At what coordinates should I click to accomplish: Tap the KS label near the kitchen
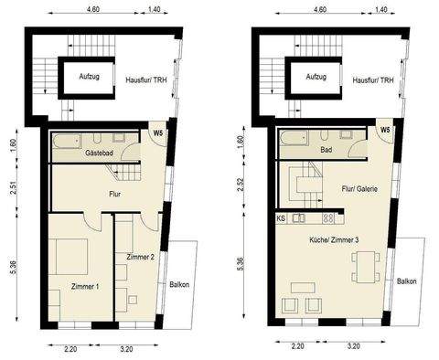tap(281, 219)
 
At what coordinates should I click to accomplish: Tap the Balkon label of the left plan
tap(180, 284)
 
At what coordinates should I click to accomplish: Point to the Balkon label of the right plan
tap(406, 281)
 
